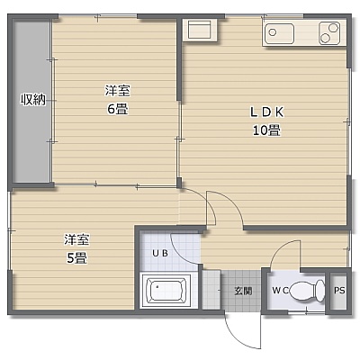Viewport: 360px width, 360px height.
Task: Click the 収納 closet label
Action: coord(33,99)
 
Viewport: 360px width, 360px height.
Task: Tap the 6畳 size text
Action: coord(118,109)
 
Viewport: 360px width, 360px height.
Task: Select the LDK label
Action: coord(266,112)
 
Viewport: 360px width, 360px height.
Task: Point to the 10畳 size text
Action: coord(266,130)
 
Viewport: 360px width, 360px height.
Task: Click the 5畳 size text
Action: coord(76,257)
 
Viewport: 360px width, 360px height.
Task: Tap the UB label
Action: coord(160,253)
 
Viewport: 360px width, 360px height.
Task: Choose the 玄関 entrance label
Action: coord(243,291)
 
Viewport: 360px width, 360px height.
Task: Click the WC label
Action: coord(280,291)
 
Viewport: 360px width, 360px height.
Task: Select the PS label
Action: coord(339,291)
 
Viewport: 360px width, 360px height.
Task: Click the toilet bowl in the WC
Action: coord(307,291)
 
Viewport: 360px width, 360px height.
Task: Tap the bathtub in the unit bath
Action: coord(166,290)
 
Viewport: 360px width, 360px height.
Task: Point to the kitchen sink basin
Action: coord(279,33)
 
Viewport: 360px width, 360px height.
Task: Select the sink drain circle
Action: coord(273,32)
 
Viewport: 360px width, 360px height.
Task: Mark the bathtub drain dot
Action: coord(157,286)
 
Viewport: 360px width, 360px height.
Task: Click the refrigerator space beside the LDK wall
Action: coord(201,29)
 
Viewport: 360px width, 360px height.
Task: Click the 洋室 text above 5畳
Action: coord(76,240)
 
